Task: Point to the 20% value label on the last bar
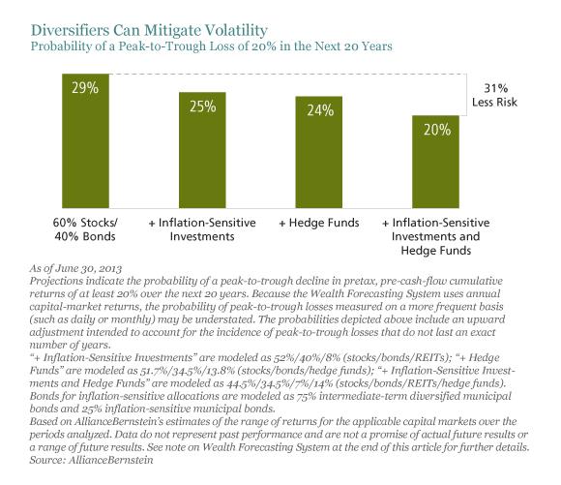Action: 437,129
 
